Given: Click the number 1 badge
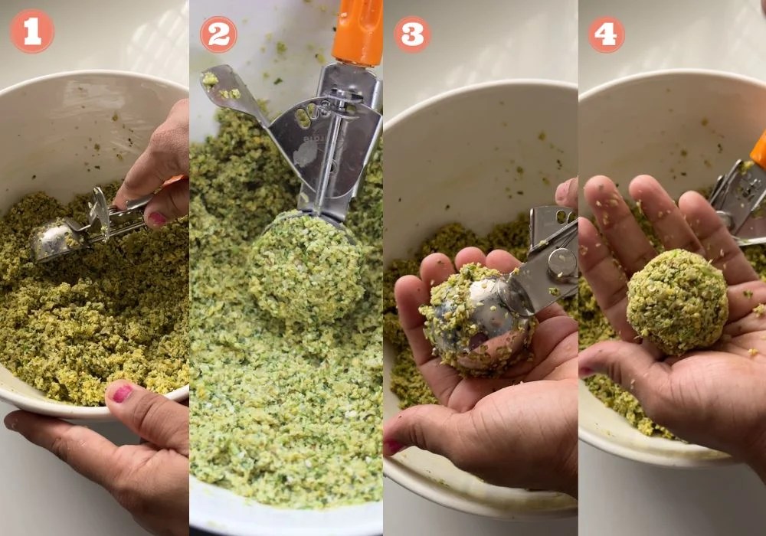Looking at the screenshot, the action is click(x=32, y=31).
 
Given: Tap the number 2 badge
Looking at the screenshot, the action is click(x=218, y=34).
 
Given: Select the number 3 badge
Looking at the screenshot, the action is click(x=412, y=34).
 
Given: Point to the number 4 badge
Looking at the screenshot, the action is click(x=606, y=34).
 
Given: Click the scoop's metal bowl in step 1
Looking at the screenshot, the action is click(x=51, y=238).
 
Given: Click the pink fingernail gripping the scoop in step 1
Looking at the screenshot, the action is click(x=157, y=219).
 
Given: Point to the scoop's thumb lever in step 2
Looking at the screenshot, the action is click(x=230, y=93).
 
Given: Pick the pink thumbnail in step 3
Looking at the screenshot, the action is click(x=393, y=446).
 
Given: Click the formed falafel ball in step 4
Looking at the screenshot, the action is click(x=678, y=302).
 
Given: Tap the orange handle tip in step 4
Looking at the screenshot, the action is click(x=758, y=149).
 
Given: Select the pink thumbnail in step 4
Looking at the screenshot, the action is click(x=586, y=371).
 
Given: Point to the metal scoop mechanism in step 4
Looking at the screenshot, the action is click(x=738, y=203).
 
